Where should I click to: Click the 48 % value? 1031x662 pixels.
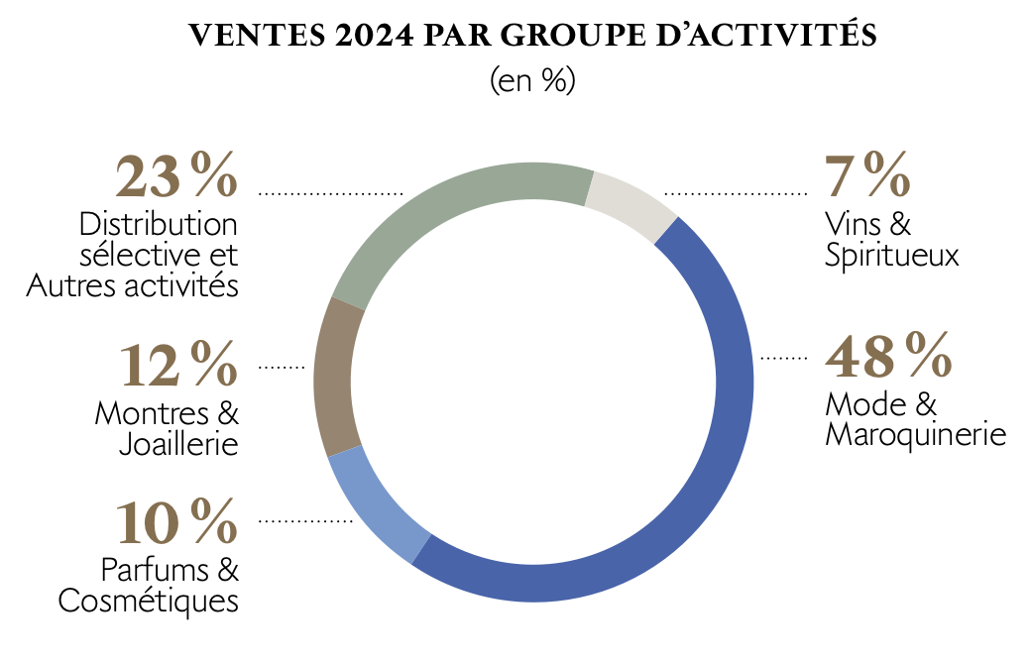click(887, 356)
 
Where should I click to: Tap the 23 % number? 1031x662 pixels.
click(176, 178)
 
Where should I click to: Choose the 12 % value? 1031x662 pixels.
click(178, 366)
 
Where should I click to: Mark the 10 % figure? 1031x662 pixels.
click(176, 523)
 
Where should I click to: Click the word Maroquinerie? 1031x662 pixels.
click(915, 435)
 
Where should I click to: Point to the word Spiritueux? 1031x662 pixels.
click(891, 255)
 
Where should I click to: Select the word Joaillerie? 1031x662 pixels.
click(178, 444)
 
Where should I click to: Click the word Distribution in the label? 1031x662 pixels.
click(159, 223)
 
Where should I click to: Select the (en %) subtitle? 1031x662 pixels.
click(532, 80)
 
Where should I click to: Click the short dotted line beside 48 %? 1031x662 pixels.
click(784, 357)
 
